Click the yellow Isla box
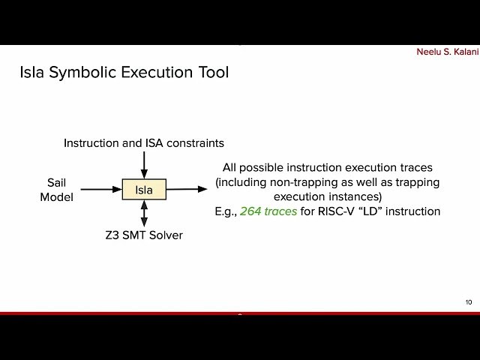coord(144,190)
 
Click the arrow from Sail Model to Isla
coord(101,190)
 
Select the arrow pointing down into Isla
coord(144,164)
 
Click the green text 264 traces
coord(268,211)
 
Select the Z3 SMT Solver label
coord(144,235)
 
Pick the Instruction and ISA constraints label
coord(144,142)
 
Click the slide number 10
coord(468,302)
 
